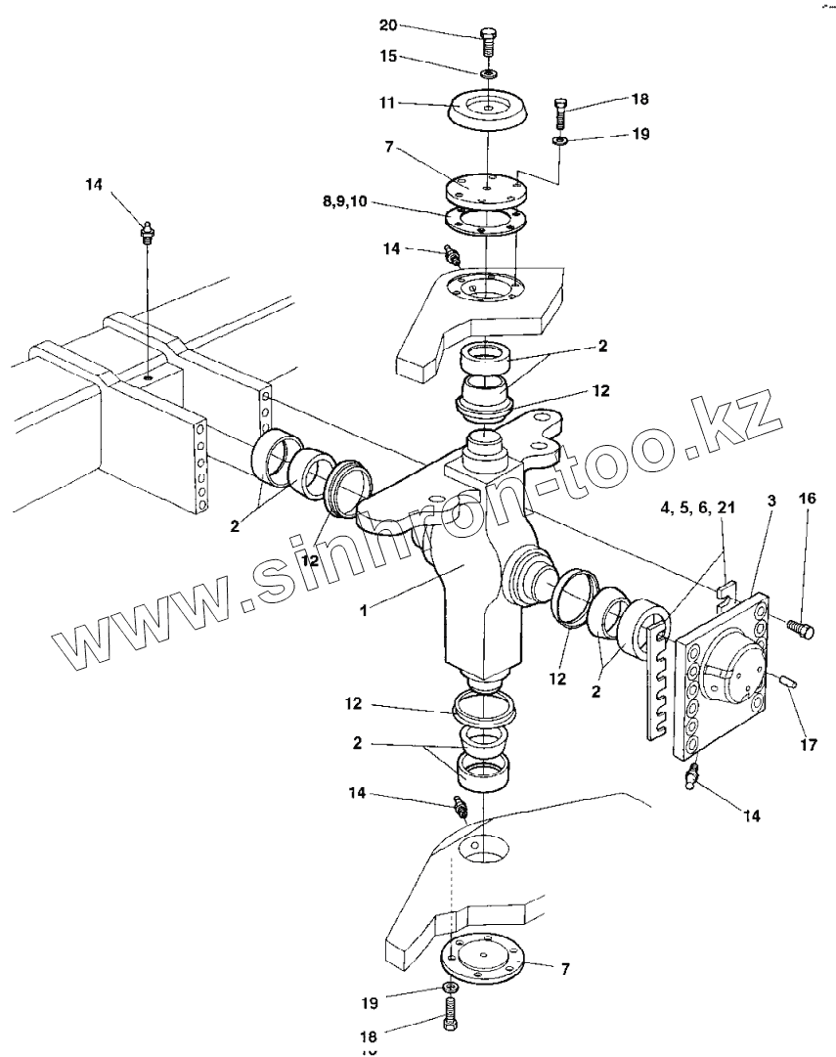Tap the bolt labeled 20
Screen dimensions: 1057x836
[x=488, y=45]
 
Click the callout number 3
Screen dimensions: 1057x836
[x=772, y=500]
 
